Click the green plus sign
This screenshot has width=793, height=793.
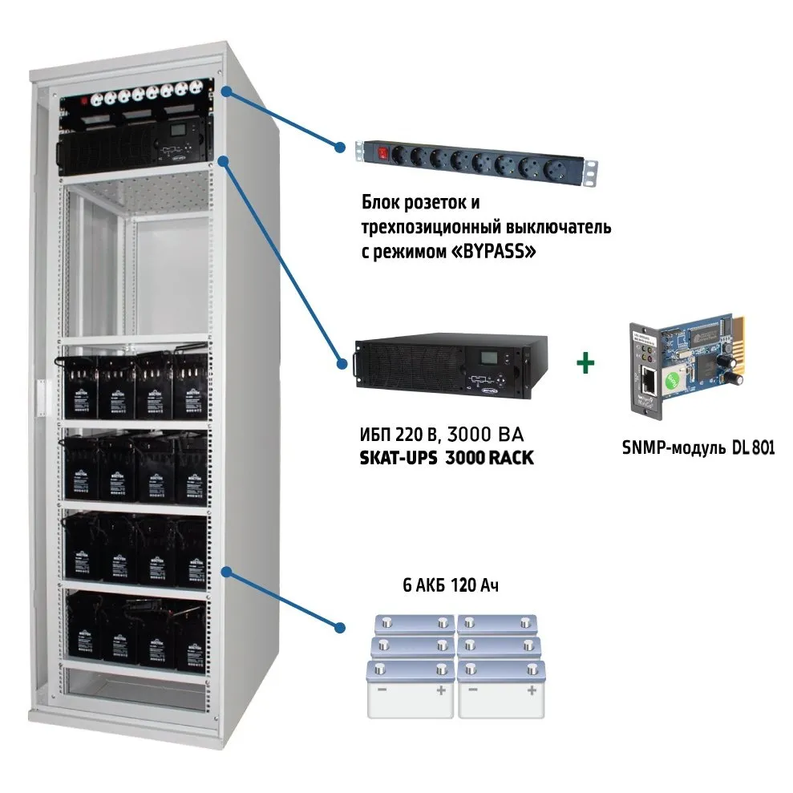coord(586,362)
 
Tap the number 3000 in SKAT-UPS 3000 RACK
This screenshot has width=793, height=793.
coord(435,455)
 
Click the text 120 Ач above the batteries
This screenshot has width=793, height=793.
coord(475,585)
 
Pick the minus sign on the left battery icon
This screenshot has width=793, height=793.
coord(382,690)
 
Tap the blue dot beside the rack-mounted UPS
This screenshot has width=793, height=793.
coord(225,161)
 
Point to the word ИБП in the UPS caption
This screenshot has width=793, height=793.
coord(372,436)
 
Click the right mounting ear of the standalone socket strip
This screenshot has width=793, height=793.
coord(592,169)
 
